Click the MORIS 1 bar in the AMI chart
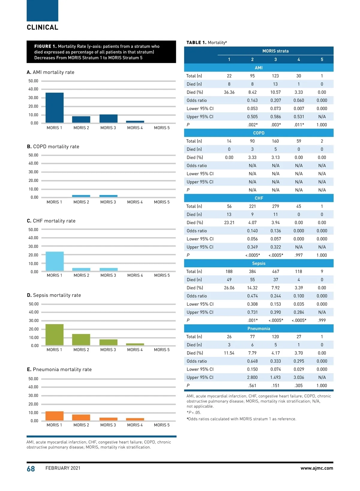[x=54, y=108]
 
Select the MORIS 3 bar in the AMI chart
[x=108, y=118]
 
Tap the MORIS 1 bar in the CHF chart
[x=55, y=261]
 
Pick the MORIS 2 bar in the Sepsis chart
[x=81, y=340]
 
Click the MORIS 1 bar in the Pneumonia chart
[x=54, y=416]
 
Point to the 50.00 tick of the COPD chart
[x=33, y=155]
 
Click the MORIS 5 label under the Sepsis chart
[x=162, y=350]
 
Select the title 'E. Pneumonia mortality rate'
[x=59, y=370]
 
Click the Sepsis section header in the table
[x=259, y=263]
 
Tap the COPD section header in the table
[x=259, y=133]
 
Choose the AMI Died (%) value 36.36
[x=229, y=92]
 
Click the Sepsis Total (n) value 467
[x=275, y=272]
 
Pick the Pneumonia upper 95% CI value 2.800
[x=252, y=377]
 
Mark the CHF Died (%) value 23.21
[x=229, y=223]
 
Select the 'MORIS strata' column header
[x=275, y=51]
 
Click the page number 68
[x=31, y=469]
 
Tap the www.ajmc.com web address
[x=316, y=468]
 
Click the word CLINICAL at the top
[x=43, y=28]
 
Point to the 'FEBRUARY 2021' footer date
[x=63, y=468]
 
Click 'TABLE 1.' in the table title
[x=196, y=43]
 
